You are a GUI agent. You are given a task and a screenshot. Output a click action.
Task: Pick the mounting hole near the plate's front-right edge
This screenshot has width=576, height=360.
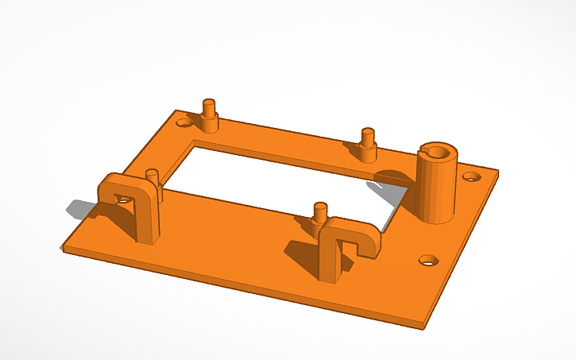(428, 260)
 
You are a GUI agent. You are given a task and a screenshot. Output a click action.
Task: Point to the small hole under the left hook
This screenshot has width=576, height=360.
(122, 200)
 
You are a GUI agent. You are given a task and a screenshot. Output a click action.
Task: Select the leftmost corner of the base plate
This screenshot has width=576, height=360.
(63, 250)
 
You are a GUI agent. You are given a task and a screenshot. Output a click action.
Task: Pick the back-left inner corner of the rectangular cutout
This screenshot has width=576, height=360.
(195, 142)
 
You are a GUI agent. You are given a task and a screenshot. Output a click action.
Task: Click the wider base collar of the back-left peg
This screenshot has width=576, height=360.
(211, 124)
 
